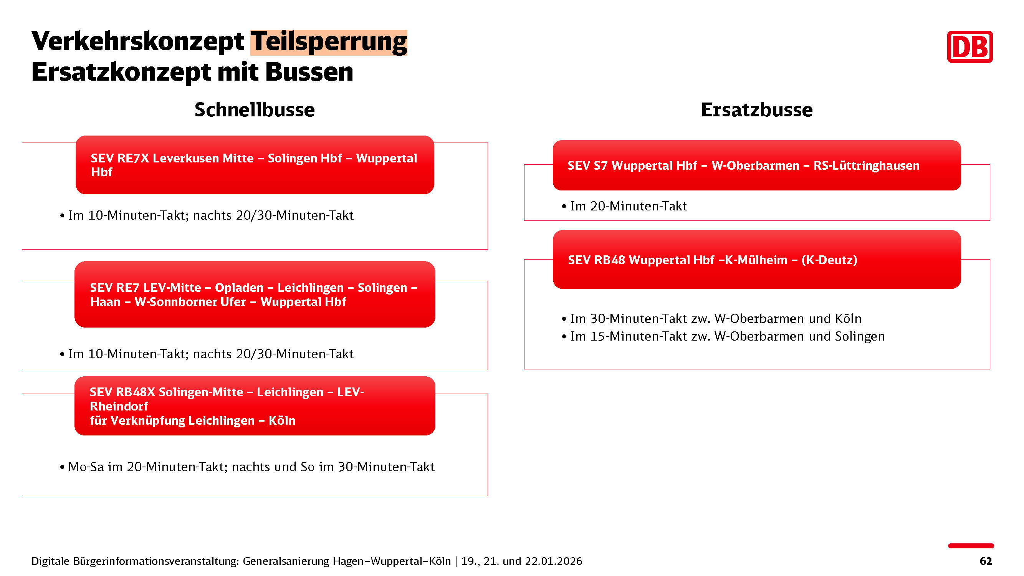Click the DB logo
tap(969, 46)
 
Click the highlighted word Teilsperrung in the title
tap(329, 42)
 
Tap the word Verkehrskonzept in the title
tap(137, 41)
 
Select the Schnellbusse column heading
tap(255, 110)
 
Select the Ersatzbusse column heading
tap(756, 110)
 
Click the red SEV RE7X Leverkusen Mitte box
tap(255, 165)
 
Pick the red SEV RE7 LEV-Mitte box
tap(255, 294)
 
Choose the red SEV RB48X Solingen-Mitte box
tap(255, 406)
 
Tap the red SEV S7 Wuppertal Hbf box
tap(756, 166)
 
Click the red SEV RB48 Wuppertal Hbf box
tap(756, 260)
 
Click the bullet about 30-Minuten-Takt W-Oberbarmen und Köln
tap(711, 319)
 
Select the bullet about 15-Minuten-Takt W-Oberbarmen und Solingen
tap(723, 337)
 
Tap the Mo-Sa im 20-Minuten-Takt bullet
tap(247, 467)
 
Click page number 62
tap(986, 561)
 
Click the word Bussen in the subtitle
tap(309, 72)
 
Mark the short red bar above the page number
tap(971, 546)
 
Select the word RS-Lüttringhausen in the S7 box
tap(867, 166)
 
